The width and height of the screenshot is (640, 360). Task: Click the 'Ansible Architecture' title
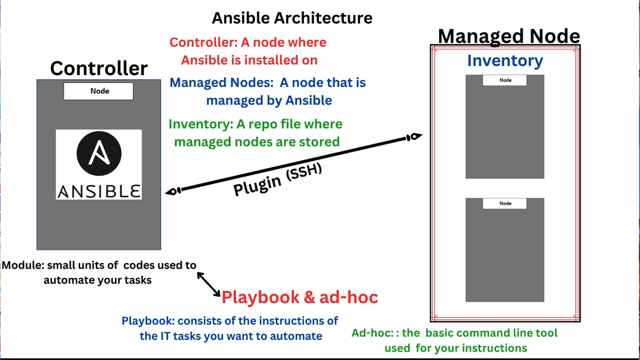coord(292,18)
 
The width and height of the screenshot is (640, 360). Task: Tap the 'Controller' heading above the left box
coord(99,69)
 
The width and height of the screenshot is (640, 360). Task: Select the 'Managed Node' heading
coord(509,36)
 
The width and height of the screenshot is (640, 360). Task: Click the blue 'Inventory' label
coord(505,61)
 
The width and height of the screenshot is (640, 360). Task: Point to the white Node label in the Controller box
coord(98,91)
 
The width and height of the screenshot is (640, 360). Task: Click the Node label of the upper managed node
coord(505,80)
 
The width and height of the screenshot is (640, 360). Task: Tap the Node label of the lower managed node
coord(505,203)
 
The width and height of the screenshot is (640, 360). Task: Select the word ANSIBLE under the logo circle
coord(99,191)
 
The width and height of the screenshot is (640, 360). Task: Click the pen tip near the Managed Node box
coord(415,137)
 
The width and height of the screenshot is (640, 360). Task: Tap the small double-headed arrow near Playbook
coord(208,284)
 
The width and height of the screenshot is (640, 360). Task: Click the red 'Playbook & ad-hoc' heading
coord(299,297)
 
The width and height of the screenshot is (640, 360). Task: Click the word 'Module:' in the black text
coord(23,265)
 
